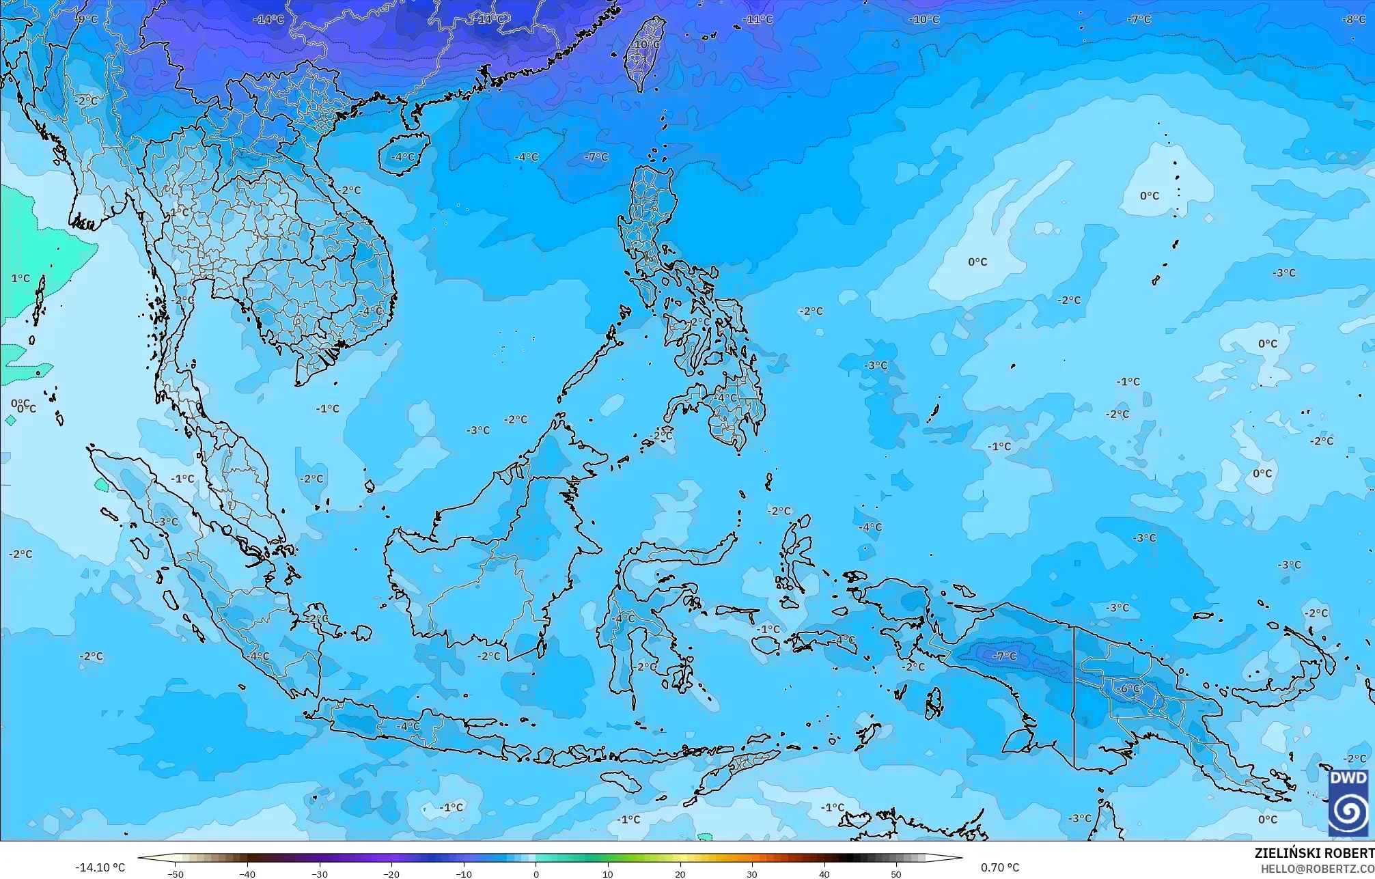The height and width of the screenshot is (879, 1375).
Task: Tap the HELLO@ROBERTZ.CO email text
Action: pyautogui.click(x=1317, y=868)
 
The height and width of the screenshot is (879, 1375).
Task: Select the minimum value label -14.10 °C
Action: pyautogui.click(x=100, y=867)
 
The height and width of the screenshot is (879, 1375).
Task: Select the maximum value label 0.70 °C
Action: pyautogui.click(x=1000, y=867)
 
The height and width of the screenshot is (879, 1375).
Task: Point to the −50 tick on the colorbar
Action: pyautogui.click(x=176, y=874)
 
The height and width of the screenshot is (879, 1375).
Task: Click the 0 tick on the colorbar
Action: pyautogui.click(x=536, y=874)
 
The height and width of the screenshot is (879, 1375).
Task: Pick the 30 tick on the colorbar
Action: pyautogui.click(x=752, y=874)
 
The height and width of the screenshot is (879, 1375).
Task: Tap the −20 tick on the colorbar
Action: pyautogui.click(x=392, y=874)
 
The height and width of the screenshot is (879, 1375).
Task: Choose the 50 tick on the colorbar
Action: pyautogui.click(x=896, y=874)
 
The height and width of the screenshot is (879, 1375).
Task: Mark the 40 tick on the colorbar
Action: pyautogui.click(x=824, y=874)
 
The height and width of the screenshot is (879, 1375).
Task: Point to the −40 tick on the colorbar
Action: pyautogui.click(x=248, y=874)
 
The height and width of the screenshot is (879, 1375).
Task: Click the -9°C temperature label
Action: pyautogui.click(x=87, y=20)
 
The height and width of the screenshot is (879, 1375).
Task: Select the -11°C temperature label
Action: pyautogui.click(x=758, y=20)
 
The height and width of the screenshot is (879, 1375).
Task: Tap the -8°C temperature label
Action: pyautogui.click(x=1353, y=20)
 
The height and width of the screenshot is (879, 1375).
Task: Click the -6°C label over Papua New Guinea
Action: pyautogui.click(x=1130, y=688)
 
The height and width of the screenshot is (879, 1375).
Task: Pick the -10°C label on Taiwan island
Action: pyautogui.click(x=646, y=45)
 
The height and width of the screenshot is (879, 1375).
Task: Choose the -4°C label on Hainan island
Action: pyautogui.click(x=402, y=157)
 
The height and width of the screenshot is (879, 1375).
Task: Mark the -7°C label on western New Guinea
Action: pyautogui.click(x=1004, y=656)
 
